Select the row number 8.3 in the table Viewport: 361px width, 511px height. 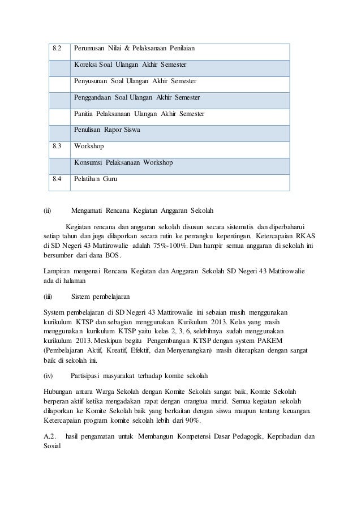pyautogui.click(x=57, y=146)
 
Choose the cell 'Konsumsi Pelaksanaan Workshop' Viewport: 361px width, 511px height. pyautogui.click(x=123, y=162)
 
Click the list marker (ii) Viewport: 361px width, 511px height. pyautogui.click(x=48, y=212)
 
